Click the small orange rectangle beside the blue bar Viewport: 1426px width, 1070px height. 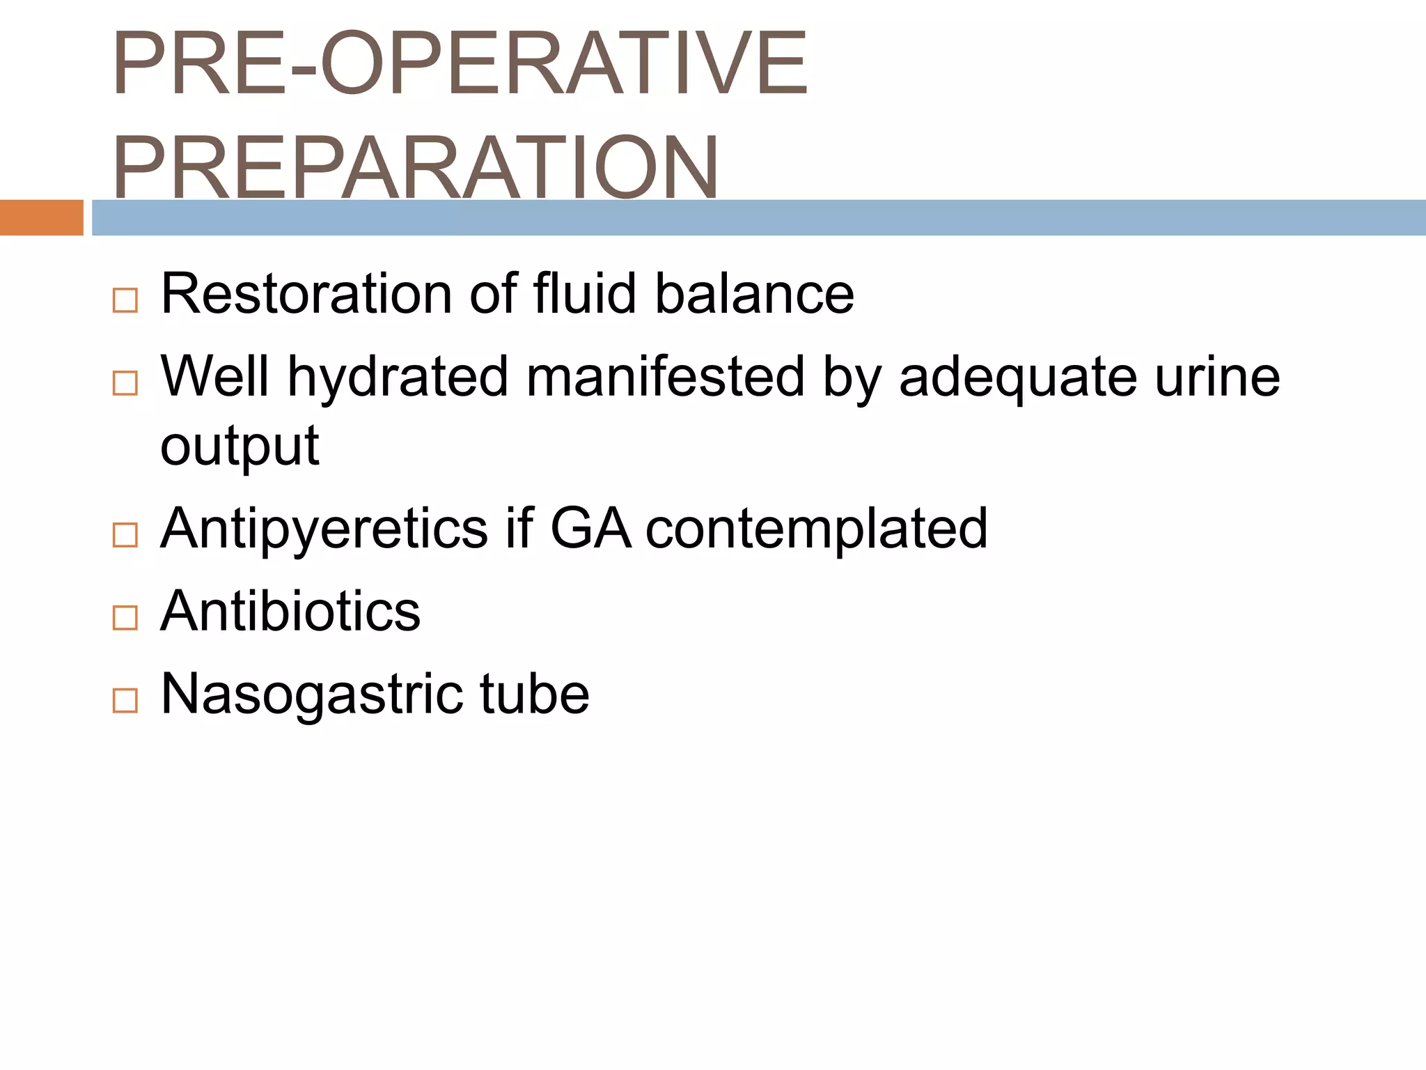(x=41, y=217)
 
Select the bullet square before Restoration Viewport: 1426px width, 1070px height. (x=125, y=300)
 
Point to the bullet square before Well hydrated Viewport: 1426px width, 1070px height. (x=125, y=383)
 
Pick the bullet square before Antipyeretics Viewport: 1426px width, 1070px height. (x=125, y=535)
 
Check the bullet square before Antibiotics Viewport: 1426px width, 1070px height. (x=125, y=617)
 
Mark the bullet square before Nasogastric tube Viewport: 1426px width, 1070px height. (x=125, y=700)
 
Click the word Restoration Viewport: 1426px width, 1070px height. (x=306, y=294)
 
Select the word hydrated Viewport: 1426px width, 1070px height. (x=398, y=377)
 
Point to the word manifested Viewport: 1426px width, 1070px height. (x=665, y=377)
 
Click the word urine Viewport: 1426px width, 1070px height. (x=1217, y=377)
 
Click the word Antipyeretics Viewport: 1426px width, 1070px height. (x=324, y=529)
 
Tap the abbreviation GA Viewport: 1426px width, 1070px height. (x=590, y=529)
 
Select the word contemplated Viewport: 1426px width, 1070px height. (x=816, y=529)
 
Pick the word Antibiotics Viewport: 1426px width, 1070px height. (x=290, y=611)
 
